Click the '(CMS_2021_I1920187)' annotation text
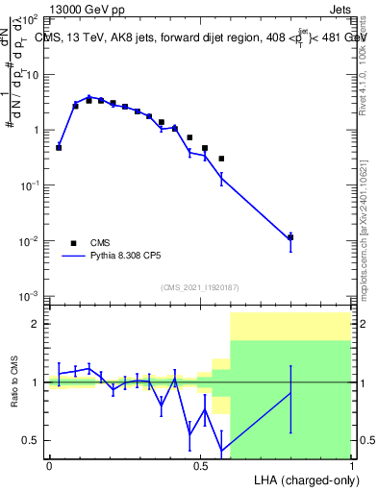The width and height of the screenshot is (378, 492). tap(201, 287)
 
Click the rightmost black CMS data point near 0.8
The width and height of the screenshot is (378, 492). tap(290, 237)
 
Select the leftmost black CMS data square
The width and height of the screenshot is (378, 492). tap(59, 147)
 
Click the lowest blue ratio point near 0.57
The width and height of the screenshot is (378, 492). tap(222, 451)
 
